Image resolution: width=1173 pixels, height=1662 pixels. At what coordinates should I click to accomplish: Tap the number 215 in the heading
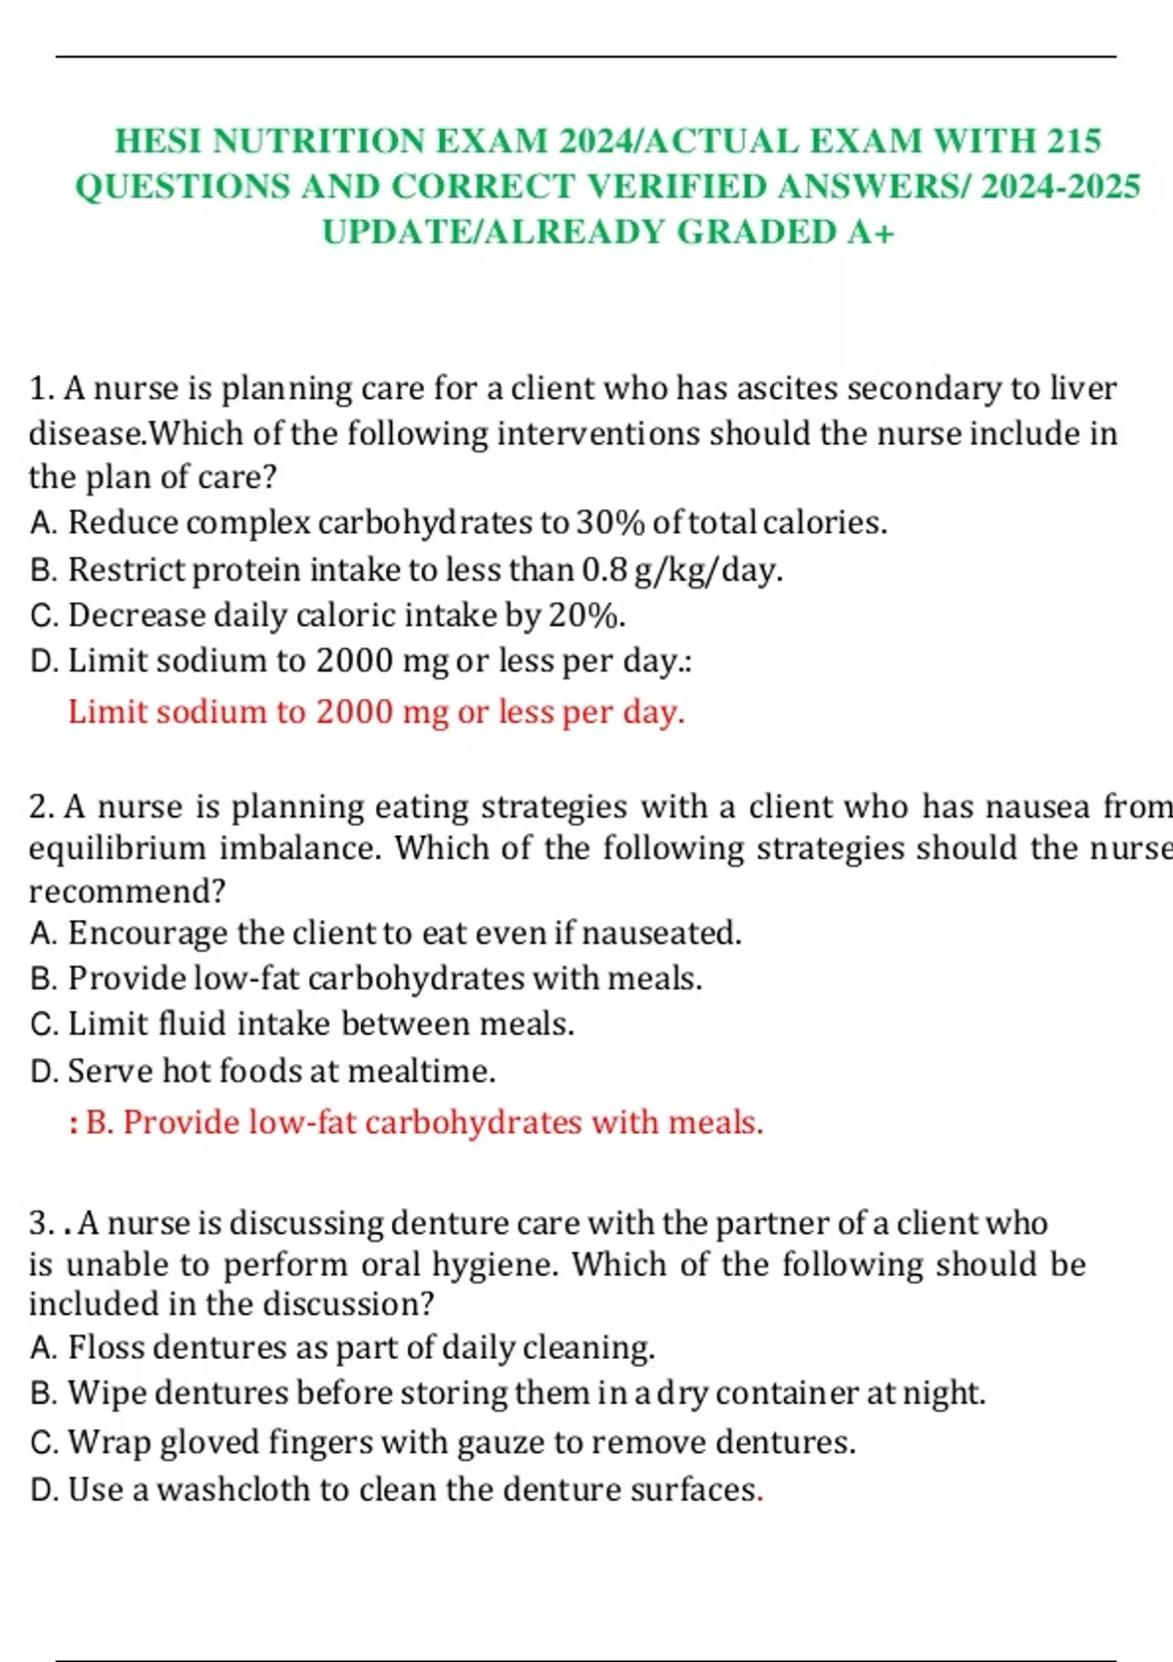coord(1073,141)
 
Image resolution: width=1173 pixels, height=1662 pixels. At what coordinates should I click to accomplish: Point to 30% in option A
coord(609,523)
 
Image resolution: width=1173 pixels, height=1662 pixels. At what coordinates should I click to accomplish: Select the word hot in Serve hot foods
coord(186,1071)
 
